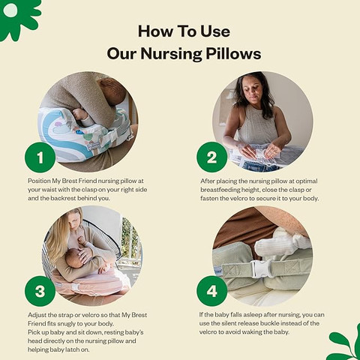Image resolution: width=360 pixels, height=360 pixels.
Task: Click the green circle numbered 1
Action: click(40, 157)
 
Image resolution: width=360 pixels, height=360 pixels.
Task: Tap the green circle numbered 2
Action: click(212, 157)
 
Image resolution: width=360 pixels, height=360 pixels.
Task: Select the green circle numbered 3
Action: click(40, 291)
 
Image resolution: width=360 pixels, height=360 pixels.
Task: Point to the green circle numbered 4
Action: click(212, 291)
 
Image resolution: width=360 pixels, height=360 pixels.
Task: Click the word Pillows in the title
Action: click(233, 53)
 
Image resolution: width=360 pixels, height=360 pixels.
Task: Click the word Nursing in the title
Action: click(171, 55)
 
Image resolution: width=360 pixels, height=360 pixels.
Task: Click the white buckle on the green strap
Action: click(261, 269)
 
